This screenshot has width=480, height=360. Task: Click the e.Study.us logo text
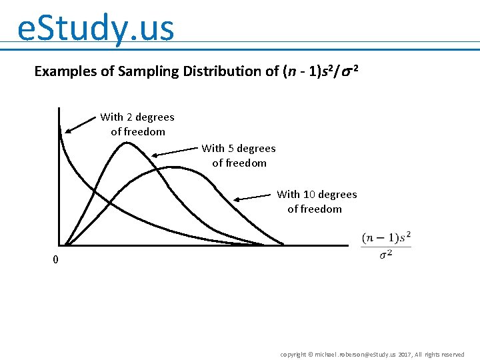[96, 29]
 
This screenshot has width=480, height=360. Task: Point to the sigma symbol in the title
[348, 71]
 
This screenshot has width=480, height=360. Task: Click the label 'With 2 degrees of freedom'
[137, 124]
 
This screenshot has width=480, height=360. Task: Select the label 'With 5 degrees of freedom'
[239, 155]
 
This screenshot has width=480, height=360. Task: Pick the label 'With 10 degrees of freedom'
[317, 201]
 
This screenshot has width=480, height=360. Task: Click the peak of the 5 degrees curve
[126, 143]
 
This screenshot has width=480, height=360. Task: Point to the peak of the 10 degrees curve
[173, 167]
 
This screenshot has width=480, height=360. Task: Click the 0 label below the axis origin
[56, 260]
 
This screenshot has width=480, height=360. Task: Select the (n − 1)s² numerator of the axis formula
[386, 237]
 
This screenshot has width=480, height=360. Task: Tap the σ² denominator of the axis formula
[386, 255]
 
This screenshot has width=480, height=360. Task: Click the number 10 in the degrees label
[309, 195]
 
